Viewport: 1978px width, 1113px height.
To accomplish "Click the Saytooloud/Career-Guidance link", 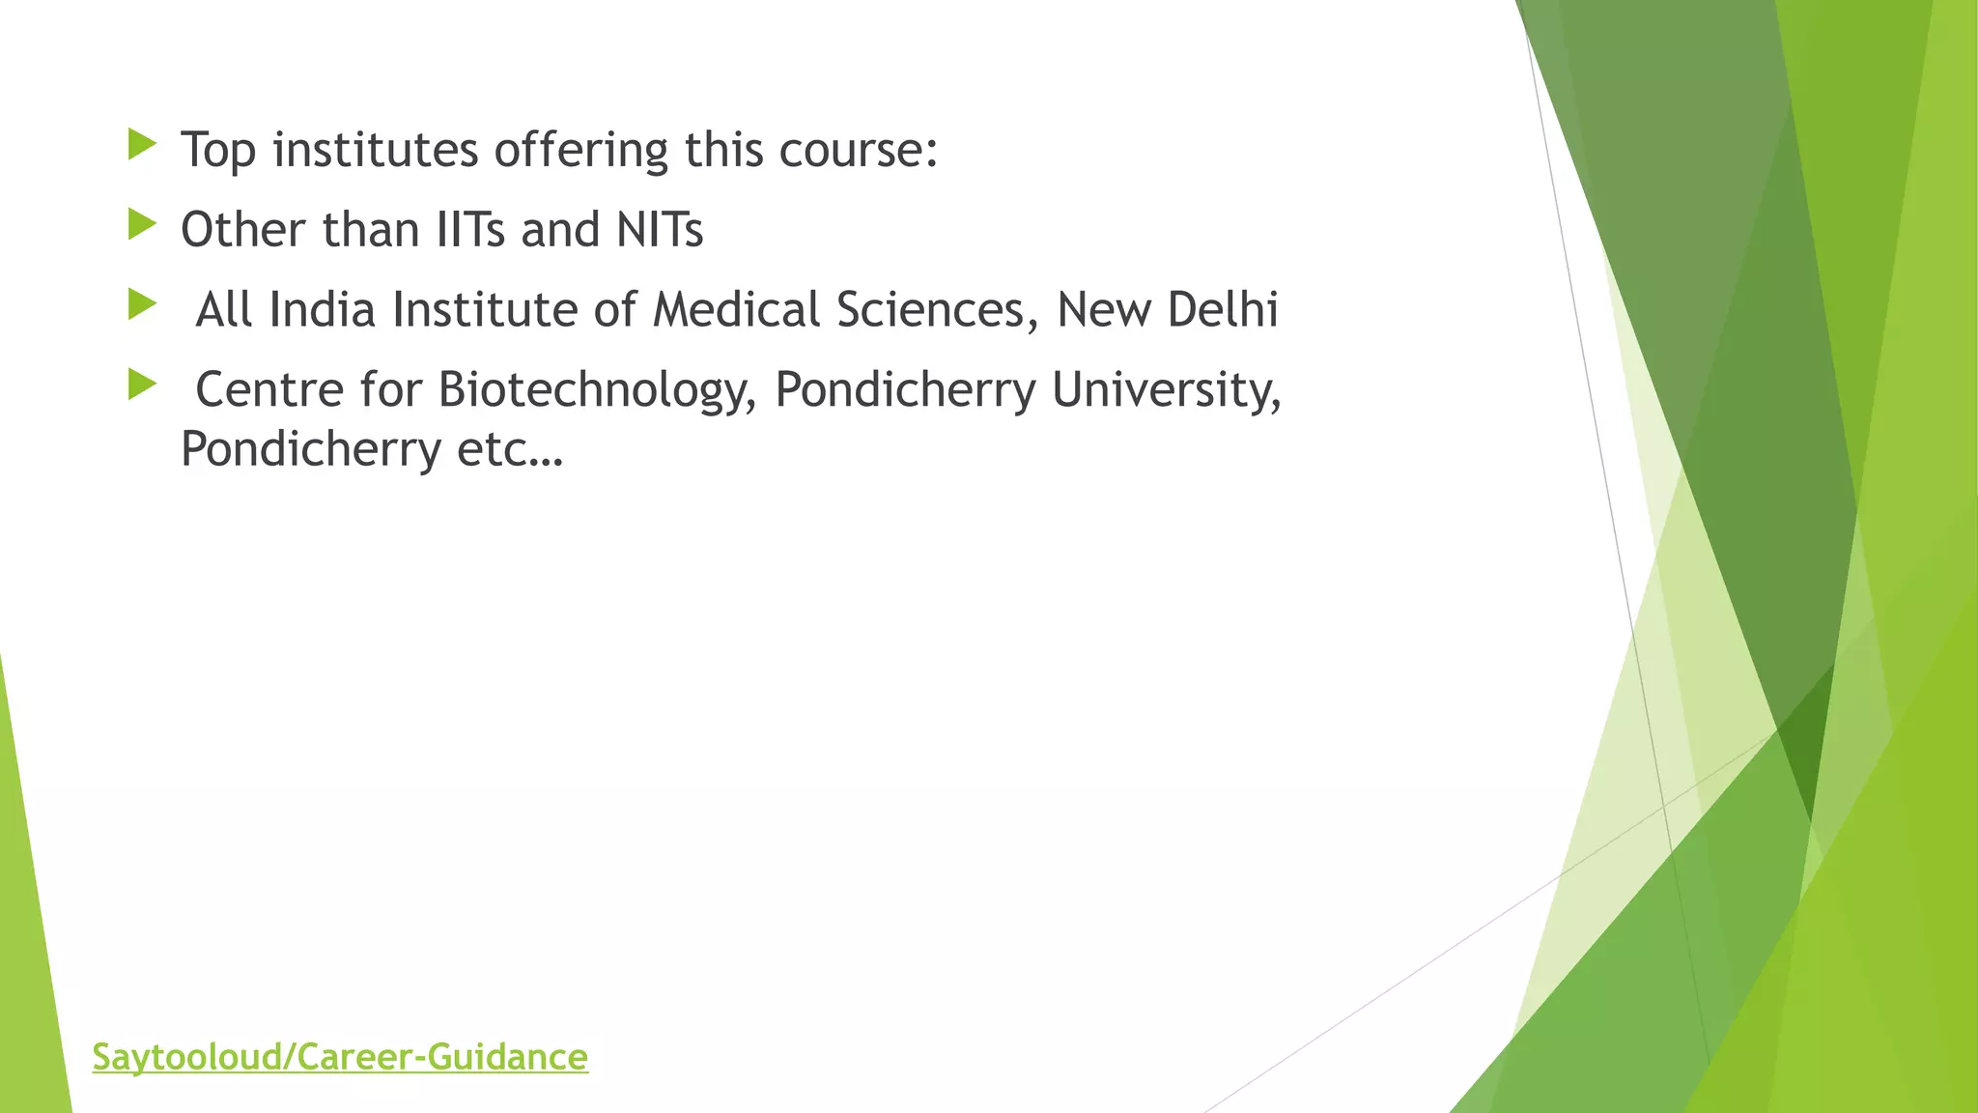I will tap(340, 1057).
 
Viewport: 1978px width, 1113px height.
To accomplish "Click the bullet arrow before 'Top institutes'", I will tap(141, 146).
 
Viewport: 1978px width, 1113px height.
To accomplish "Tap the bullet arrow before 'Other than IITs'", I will tap(141, 226).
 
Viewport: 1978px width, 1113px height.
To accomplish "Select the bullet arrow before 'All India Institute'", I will tap(141, 306).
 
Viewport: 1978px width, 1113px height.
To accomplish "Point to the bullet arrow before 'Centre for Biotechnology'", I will tap(141, 386).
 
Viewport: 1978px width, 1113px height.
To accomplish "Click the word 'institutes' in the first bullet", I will tap(376, 151).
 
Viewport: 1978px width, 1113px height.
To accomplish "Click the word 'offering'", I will tap(581, 151).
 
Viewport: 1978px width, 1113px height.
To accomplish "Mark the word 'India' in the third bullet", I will tap(322, 311).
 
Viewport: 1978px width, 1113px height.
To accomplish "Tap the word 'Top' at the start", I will tap(218, 151).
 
